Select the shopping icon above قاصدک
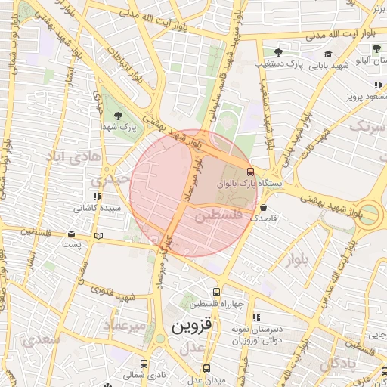point(263,206)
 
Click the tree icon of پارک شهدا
point(119,116)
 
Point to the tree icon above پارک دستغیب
point(278,52)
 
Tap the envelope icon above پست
point(71,234)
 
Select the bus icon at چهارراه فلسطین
point(217,292)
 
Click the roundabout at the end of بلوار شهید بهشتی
point(370,214)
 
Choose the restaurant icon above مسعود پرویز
point(376,85)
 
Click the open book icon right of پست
point(98,236)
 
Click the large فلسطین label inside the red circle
point(218,216)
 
